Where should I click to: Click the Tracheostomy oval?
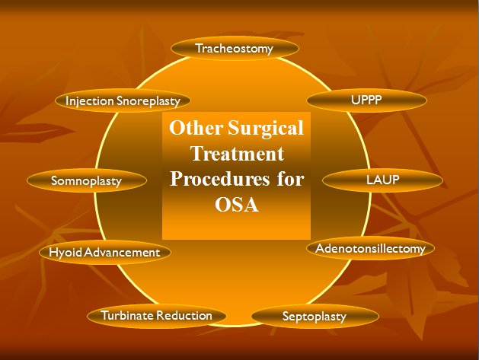[235, 48]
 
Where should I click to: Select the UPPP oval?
[366, 100]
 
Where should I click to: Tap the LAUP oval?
[382, 180]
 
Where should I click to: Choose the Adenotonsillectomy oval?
[370, 249]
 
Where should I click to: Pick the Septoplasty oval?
[315, 317]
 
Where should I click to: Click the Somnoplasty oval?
[87, 180]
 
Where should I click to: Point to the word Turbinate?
[126, 315]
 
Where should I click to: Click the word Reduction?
[184, 316]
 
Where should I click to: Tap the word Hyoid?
[65, 253]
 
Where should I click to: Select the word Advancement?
[122, 253]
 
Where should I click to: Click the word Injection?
[90, 101]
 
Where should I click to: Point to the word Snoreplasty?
[148, 101]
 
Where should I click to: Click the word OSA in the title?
[237, 204]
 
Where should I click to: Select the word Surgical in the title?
[266, 128]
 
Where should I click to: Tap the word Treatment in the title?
[238, 153]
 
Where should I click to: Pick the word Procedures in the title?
[220, 179]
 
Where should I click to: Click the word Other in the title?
[196, 127]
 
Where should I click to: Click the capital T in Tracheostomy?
[200, 48]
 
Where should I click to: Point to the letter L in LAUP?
[369, 180]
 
